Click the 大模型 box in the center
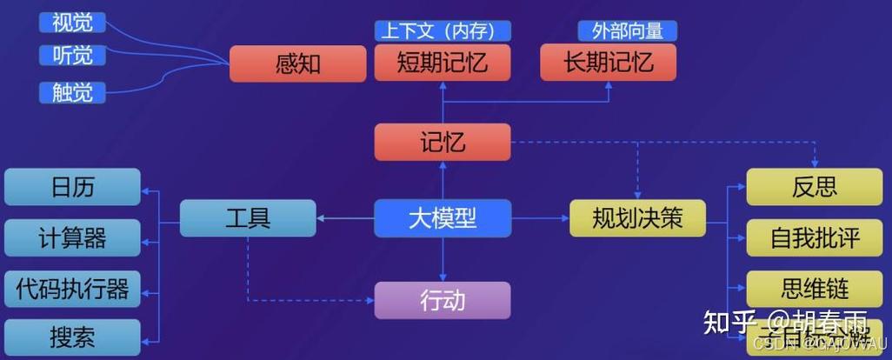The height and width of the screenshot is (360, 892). tap(443, 217)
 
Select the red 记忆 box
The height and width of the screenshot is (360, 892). tap(443, 142)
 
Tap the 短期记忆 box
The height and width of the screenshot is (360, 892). tap(443, 63)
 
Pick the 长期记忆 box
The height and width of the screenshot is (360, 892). tap(609, 63)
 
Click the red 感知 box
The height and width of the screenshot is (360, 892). tap(297, 63)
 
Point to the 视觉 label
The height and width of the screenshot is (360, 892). tap(72, 22)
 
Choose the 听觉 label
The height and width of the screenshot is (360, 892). tap(72, 56)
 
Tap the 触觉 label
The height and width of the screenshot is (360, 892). tap(72, 91)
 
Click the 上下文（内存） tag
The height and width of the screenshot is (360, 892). tap(443, 31)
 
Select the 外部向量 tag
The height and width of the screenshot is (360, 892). tap(628, 31)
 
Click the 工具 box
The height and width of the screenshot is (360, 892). tap(248, 217)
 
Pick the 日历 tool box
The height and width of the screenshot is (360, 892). tap(72, 187)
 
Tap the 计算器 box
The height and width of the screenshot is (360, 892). tap(72, 237)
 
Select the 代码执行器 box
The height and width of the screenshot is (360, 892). tap(72, 288)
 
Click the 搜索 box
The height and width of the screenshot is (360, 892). tap(72, 337)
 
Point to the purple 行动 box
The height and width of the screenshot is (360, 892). tap(443, 301)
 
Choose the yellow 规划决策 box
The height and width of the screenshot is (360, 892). tap(637, 217)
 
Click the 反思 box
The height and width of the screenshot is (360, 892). tap(815, 187)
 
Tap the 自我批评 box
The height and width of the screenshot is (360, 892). tap(815, 237)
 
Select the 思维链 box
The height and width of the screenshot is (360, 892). tap(815, 288)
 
